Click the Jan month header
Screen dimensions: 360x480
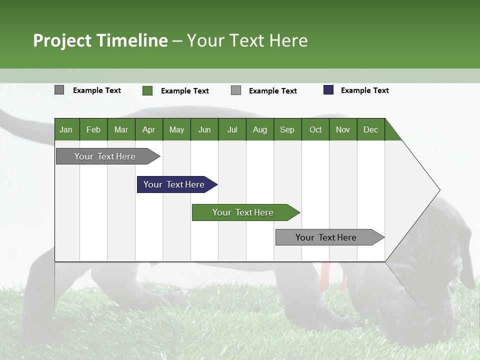click(x=66, y=129)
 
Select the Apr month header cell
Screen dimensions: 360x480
click(x=148, y=129)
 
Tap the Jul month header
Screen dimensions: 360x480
click(x=232, y=129)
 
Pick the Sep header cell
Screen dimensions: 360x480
click(x=287, y=129)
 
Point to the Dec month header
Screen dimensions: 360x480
click(x=370, y=129)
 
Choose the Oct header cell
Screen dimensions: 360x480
click(x=315, y=129)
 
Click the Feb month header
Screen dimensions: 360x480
click(x=93, y=129)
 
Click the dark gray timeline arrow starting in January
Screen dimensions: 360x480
click(x=105, y=156)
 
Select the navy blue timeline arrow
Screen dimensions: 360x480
click(x=174, y=184)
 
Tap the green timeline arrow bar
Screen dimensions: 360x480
click(x=243, y=212)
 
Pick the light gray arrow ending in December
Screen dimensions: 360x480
click(x=326, y=237)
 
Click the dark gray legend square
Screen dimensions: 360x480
click(x=59, y=90)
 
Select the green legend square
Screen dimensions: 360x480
click(x=147, y=90)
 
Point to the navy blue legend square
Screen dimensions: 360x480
click(x=328, y=90)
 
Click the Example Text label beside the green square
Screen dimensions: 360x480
click(x=184, y=91)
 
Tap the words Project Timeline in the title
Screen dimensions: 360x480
click(x=100, y=40)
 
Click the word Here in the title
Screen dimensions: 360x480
click(x=288, y=40)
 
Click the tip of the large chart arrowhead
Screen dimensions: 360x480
click(x=438, y=190)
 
